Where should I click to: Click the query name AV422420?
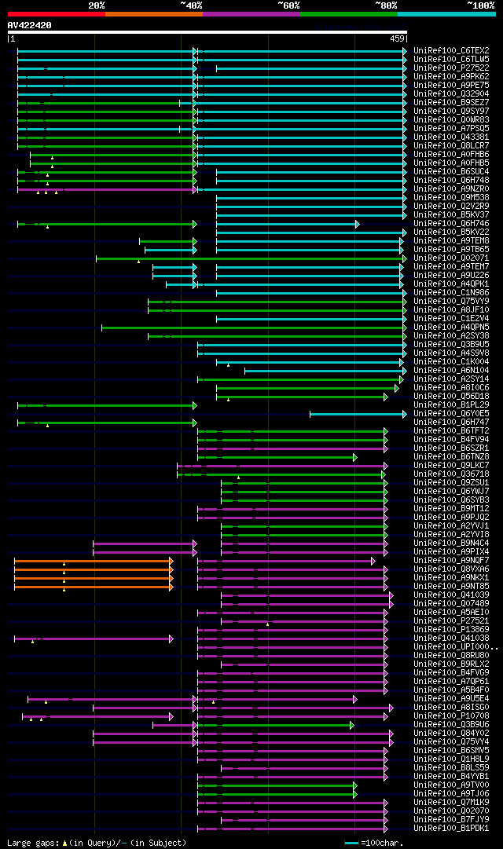(30, 25)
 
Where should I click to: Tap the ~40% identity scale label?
(191, 5)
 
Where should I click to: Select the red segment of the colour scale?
(56, 13)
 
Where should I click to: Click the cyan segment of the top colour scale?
(446, 13)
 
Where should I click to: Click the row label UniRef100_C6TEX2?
(451, 50)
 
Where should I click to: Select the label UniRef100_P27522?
(451, 68)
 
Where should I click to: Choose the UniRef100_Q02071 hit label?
(451, 258)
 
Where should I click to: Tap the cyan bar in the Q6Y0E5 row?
(358, 413)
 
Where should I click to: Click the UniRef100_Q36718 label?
(451, 474)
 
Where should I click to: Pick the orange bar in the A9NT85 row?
(93, 586)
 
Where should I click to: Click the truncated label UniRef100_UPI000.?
(453, 646)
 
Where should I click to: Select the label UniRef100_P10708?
(451, 715)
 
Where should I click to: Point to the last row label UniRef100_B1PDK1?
(451, 828)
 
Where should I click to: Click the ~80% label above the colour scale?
(385, 5)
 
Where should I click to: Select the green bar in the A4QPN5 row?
(251, 327)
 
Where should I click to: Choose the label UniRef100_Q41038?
(451, 638)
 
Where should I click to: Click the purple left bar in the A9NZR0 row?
(106, 188)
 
